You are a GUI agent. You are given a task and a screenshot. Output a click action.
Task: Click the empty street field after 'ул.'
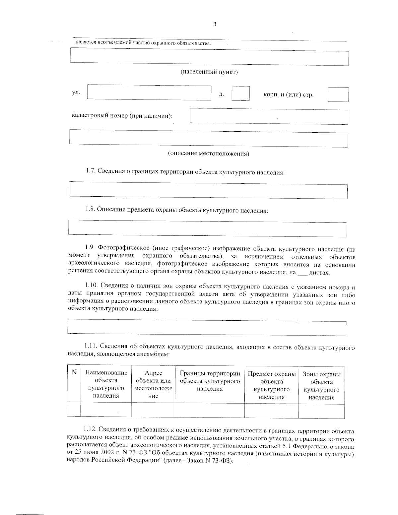click(x=149, y=93)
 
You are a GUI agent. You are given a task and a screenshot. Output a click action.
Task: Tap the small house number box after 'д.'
click(x=240, y=93)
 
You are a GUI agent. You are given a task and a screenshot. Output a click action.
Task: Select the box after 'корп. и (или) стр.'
click(x=338, y=95)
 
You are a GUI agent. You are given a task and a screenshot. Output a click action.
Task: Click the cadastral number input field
click(x=269, y=117)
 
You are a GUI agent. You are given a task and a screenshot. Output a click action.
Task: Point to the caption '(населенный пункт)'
click(x=209, y=72)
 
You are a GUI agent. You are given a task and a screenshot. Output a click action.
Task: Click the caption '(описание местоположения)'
click(x=208, y=154)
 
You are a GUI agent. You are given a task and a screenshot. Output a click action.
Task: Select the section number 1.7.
click(x=91, y=171)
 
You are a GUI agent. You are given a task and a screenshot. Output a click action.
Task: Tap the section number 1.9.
click(x=91, y=248)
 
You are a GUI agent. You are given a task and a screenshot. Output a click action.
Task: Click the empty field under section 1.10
click(x=207, y=328)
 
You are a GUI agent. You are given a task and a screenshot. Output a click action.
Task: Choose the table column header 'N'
click(x=74, y=372)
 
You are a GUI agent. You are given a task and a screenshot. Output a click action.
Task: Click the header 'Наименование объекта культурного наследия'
click(x=106, y=384)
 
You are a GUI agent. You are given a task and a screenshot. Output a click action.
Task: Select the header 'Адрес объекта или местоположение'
click(x=153, y=384)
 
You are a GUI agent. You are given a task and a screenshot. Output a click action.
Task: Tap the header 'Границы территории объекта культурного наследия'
click(x=210, y=381)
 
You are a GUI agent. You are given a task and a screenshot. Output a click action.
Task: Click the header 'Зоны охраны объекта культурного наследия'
click(x=321, y=386)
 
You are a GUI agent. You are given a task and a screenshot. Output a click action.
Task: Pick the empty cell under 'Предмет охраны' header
click(x=271, y=410)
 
